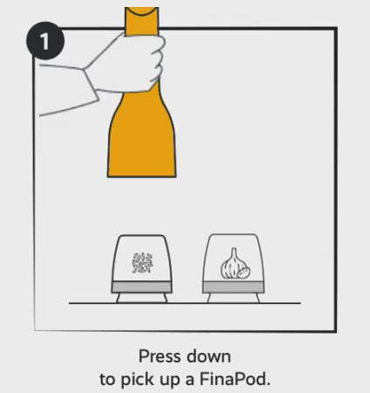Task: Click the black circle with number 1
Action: click(x=45, y=41)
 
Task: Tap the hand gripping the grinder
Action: click(x=128, y=63)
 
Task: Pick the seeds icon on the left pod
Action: click(x=142, y=263)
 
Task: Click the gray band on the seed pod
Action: click(x=141, y=287)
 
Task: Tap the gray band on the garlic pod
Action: click(x=234, y=287)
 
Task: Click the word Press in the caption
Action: click(x=160, y=356)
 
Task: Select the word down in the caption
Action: click(x=209, y=356)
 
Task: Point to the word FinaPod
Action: click(x=235, y=379)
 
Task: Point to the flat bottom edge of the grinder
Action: click(x=141, y=176)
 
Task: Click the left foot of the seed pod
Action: click(x=119, y=298)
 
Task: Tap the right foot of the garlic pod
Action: click(x=257, y=298)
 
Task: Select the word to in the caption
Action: click(x=107, y=380)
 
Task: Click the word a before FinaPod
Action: click(x=189, y=381)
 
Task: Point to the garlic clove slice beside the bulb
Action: click(x=243, y=272)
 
